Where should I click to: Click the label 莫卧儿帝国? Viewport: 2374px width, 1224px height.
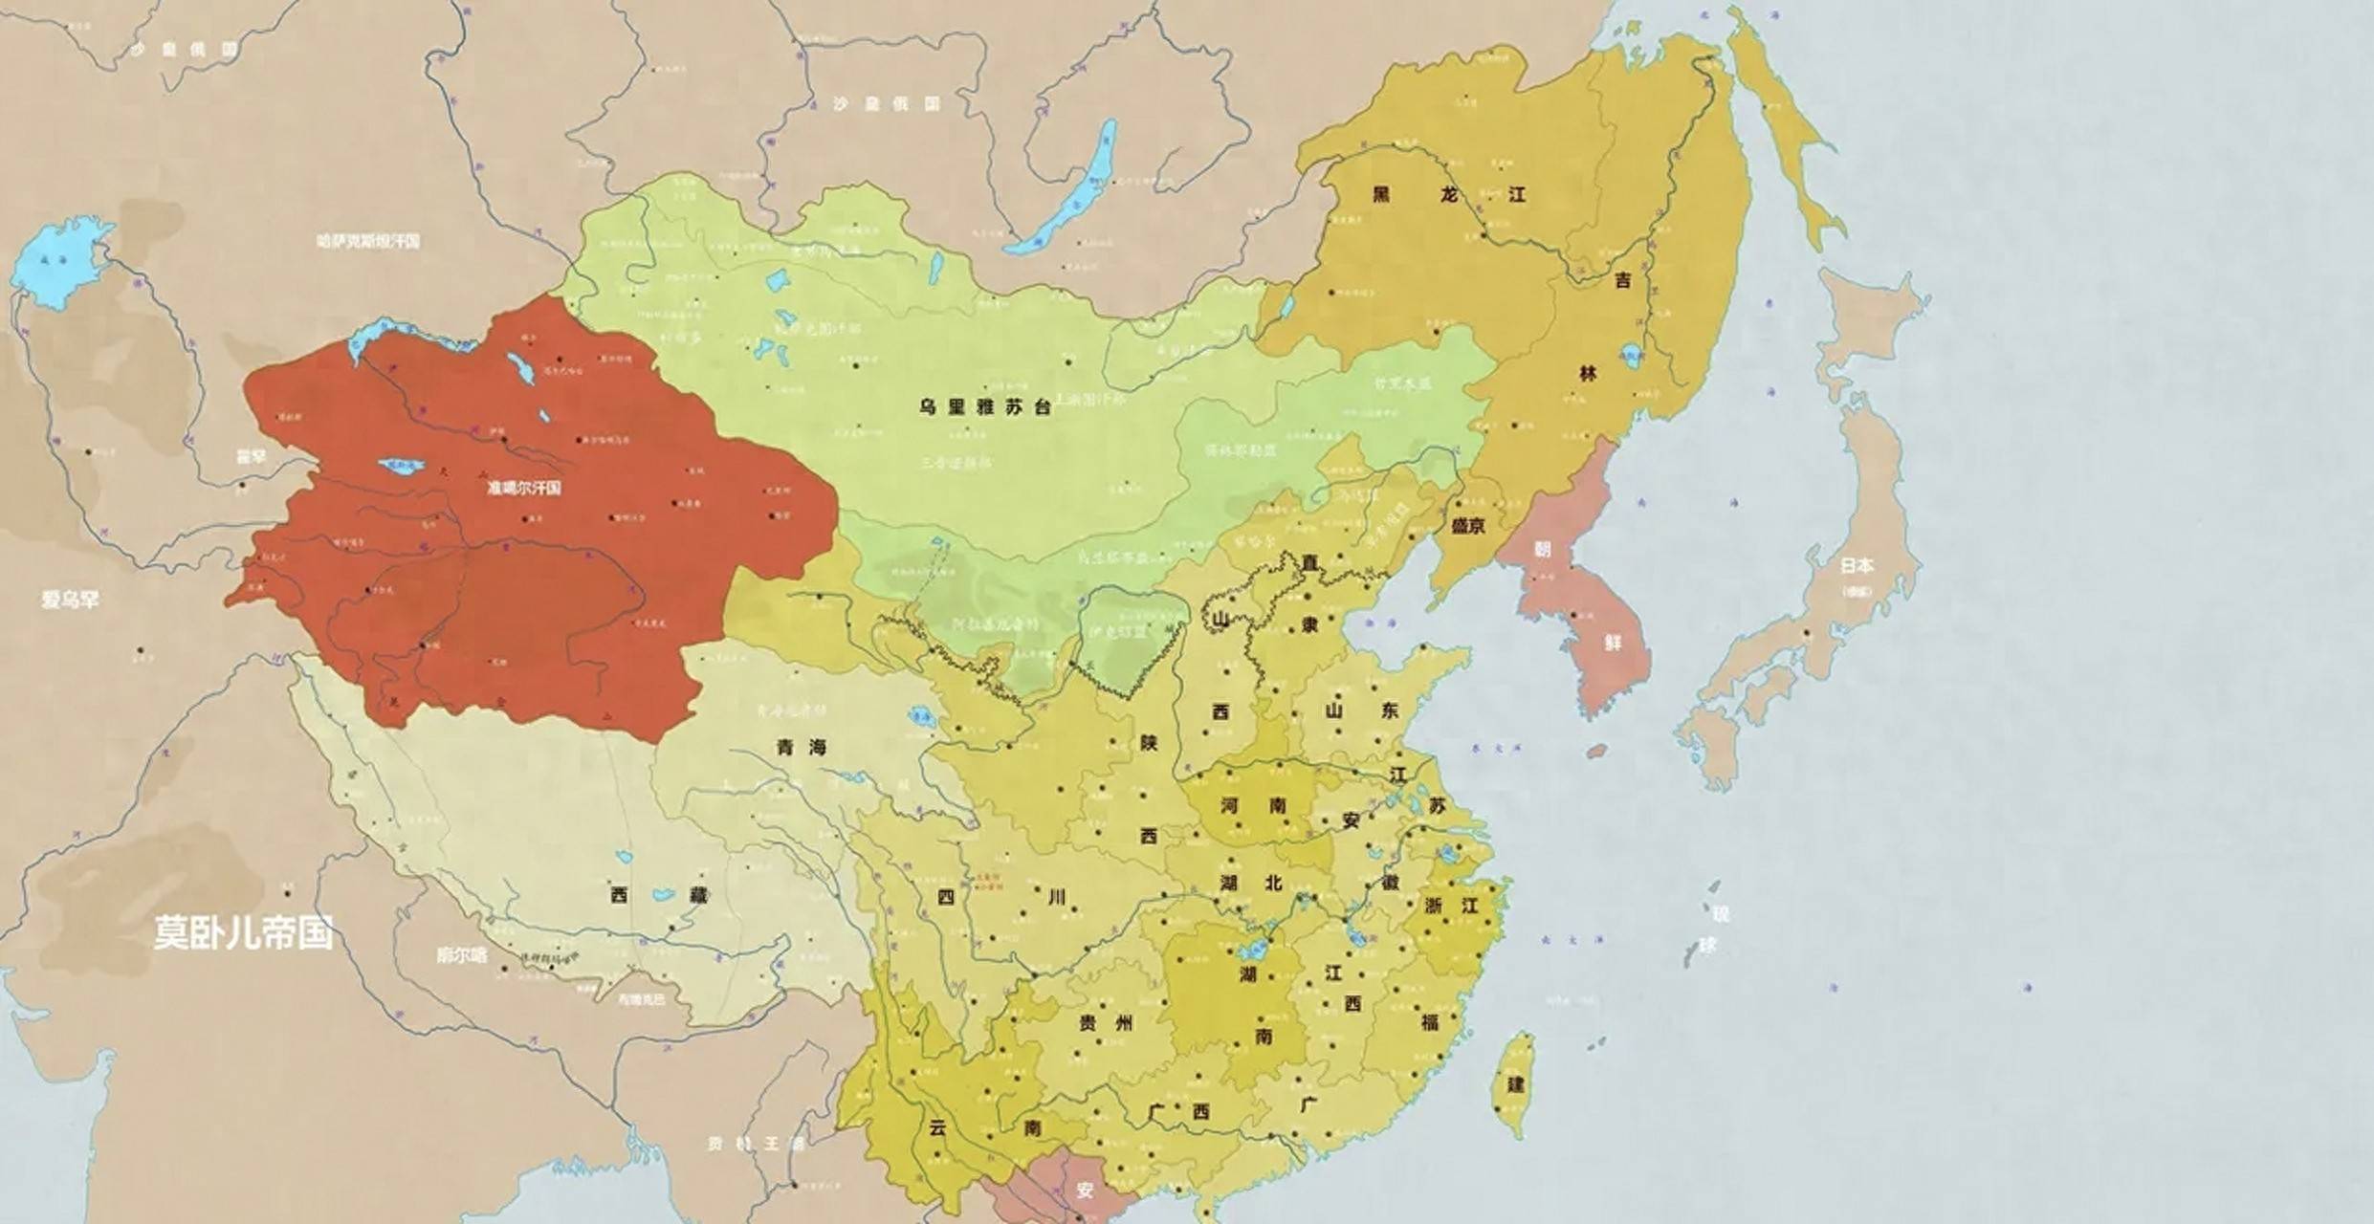pyautogui.click(x=244, y=932)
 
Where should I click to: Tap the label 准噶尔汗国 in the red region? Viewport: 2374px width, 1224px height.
pyautogui.click(x=523, y=488)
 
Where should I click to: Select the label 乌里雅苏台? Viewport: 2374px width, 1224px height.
pyautogui.click(x=985, y=407)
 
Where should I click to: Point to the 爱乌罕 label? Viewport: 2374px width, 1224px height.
pyautogui.click(x=70, y=600)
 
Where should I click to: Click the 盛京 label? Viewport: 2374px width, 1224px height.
pyautogui.click(x=1468, y=526)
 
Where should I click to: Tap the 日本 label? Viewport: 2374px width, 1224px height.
pyautogui.click(x=1857, y=565)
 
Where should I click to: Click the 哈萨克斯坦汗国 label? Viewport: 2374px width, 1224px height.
pyautogui.click(x=368, y=241)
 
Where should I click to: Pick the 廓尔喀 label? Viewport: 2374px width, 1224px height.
pyautogui.click(x=461, y=954)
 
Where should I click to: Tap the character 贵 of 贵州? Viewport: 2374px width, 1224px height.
pyautogui.click(x=1088, y=1023)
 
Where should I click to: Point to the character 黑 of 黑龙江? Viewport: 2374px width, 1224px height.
pyautogui.click(x=1381, y=195)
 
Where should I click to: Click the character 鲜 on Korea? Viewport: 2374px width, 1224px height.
pyautogui.click(x=1613, y=643)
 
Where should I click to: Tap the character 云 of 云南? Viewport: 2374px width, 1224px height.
pyautogui.click(x=937, y=1128)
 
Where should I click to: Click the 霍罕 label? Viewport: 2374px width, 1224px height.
pyautogui.click(x=251, y=457)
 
